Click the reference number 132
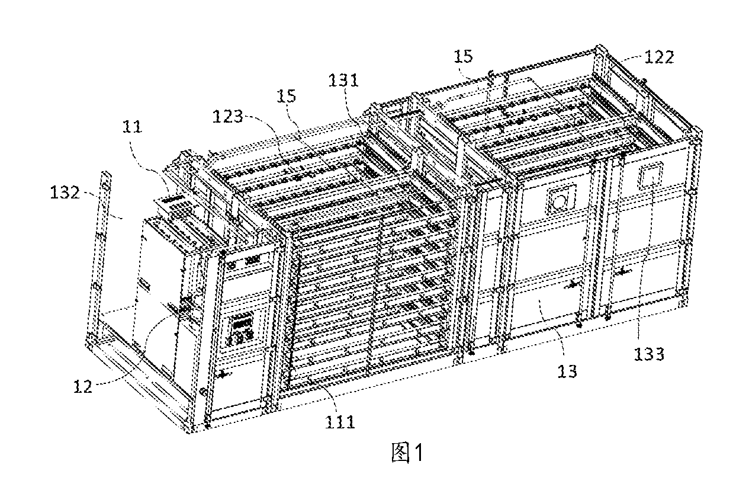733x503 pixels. (x=65, y=192)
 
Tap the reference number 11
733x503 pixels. (x=132, y=126)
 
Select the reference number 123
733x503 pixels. (x=228, y=116)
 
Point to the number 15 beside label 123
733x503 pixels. (x=287, y=96)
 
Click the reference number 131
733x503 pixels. (x=343, y=80)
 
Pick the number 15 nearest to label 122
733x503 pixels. (x=464, y=56)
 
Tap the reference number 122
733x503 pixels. (x=659, y=57)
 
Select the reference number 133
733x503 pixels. (x=650, y=354)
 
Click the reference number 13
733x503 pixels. (x=567, y=371)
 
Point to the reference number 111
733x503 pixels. (x=340, y=422)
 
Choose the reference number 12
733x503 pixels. (x=83, y=387)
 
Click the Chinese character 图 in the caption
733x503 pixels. (x=401, y=453)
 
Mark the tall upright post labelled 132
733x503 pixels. (x=101, y=255)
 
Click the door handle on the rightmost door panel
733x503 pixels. (x=621, y=271)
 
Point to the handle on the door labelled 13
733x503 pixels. (x=571, y=285)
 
